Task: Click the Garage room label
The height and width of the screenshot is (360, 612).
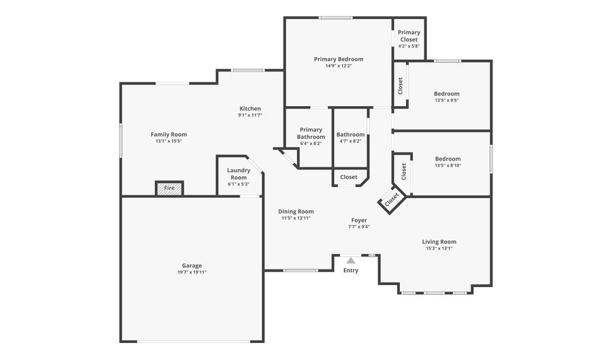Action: tap(192, 265)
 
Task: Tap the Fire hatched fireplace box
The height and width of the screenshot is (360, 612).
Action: tap(169, 189)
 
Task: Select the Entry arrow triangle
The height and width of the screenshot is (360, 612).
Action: tap(351, 261)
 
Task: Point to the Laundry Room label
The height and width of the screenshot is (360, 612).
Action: tap(239, 174)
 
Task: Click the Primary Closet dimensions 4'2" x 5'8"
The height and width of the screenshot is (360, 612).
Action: tap(409, 46)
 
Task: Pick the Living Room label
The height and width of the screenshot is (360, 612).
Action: tap(439, 242)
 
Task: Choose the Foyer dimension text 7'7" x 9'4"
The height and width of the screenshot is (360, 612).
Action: tap(359, 227)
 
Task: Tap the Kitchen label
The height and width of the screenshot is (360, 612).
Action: tap(250, 109)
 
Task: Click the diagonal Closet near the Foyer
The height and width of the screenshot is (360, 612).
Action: tap(392, 199)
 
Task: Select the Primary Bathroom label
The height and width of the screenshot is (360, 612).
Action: tap(311, 133)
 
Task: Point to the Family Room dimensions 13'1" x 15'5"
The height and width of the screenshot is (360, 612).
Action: tap(169, 141)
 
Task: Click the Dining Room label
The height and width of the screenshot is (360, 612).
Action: tap(296, 211)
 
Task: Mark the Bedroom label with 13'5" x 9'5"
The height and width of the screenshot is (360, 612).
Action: tap(447, 94)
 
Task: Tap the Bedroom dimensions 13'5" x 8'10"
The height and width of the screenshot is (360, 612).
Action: tap(448, 165)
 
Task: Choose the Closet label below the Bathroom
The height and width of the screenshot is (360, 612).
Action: tap(349, 177)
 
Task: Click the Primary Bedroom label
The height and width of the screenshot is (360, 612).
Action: tap(339, 59)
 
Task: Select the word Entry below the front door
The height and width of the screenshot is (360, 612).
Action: tap(351, 270)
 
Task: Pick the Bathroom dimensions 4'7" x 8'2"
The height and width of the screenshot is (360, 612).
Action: tap(350, 142)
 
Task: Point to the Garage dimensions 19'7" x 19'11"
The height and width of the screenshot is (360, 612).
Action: tap(192, 272)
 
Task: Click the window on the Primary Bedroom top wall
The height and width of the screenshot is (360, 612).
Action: tap(336, 18)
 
